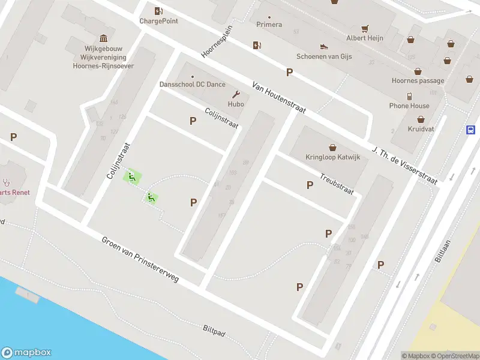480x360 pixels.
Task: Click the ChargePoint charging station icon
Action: coord(158,10)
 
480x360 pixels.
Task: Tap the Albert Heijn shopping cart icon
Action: coord(364,28)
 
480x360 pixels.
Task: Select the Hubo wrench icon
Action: coord(236,94)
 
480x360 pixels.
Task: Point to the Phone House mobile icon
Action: coord(409,96)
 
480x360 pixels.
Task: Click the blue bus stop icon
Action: coord(471,130)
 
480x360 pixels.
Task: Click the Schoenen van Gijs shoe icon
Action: coord(324,46)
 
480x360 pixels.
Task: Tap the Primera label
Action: coord(269,25)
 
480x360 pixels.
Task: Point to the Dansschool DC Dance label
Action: coord(192,85)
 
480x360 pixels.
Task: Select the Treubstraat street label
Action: coord(337,184)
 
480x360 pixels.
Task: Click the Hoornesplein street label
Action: coord(216,41)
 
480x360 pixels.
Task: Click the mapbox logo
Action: coord(26,353)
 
